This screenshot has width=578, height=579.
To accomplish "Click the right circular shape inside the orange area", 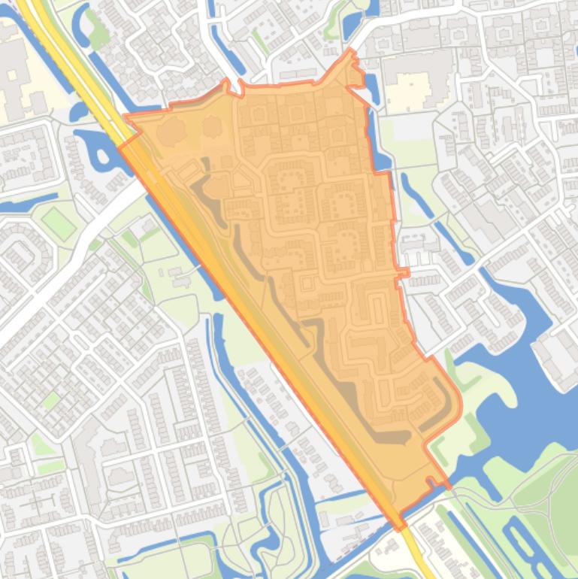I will coord(213,128).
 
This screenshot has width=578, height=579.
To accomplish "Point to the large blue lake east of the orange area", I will coord(519,391).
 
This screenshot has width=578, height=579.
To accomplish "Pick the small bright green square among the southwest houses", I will coord(50,399).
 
